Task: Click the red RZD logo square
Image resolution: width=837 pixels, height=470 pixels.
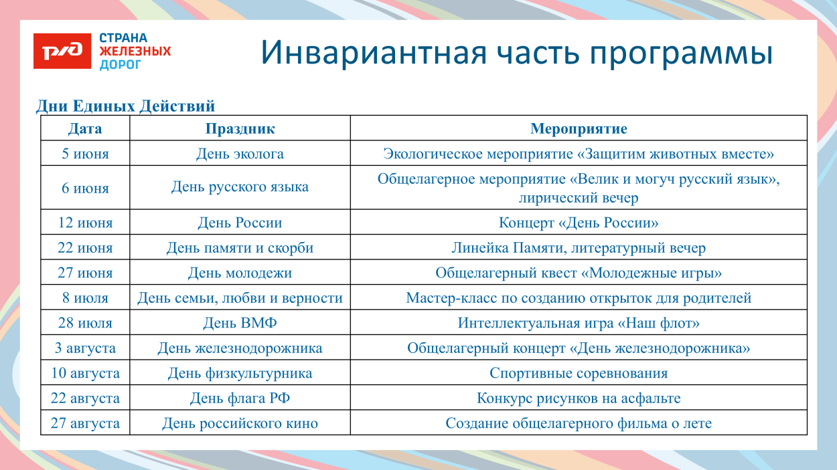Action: pyautogui.click(x=62, y=51)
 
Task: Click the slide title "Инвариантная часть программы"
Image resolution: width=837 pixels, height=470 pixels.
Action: pyautogui.click(x=516, y=53)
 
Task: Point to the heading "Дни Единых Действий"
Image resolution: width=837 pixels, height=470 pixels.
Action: pyautogui.click(x=125, y=106)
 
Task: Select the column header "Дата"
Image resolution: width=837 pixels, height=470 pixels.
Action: pyautogui.click(x=85, y=128)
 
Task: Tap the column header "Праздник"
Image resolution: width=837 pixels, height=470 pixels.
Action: pyautogui.click(x=240, y=128)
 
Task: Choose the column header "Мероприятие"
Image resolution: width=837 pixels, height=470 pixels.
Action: pyautogui.click(x=579, y=128)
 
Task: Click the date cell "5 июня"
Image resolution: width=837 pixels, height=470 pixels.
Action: pyautogui.click(x=85, y=154)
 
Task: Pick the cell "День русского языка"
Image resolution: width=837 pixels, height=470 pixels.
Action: pyautogui.click(x=240, y=187)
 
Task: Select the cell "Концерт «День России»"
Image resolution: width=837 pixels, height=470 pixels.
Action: pyautogui.click(x=579, y=223)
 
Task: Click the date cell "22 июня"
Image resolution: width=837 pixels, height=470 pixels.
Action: pyautogui.click(x=85, y=248)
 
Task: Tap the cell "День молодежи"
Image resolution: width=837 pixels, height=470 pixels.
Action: pyautogui.click(x=240, y=273)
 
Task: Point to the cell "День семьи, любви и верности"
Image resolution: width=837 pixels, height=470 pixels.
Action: pyautogui.click(x=240, y=298)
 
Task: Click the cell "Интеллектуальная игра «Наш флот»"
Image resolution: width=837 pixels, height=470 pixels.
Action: pyautogui.click(x=579, y=323)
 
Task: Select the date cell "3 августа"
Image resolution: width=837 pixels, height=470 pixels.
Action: pyautogui.click(x=85, y=348)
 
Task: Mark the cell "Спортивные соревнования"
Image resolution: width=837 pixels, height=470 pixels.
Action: pyautogui.click(x=579, y=373)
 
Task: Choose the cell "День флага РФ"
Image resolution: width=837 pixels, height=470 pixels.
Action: pyautogui.click(x=240, y=398)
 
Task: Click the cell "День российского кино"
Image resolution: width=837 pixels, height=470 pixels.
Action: pyautogui.click(x=240, y=423)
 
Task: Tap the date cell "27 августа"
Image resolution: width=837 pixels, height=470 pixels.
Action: pyautogui.click(x=85, y=423)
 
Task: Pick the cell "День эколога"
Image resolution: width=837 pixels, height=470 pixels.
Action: pyautogui.click(x=240, y=154)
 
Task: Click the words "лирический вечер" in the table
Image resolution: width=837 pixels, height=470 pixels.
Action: pyautogui.click(x=579, y=198)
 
